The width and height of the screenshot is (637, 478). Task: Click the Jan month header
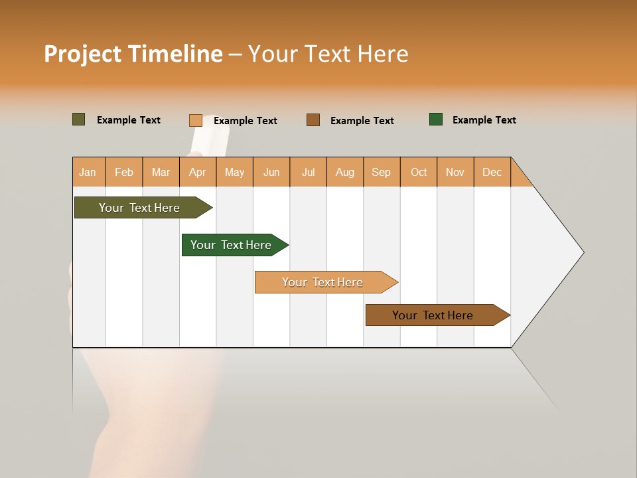[88, 172]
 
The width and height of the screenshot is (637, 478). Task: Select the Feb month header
[124, 172]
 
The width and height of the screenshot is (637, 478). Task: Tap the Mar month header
[161, 172]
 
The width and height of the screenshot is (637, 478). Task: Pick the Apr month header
[198, 172]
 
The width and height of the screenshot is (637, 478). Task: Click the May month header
[234, 172]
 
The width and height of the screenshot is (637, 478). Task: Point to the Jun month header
[271, 172]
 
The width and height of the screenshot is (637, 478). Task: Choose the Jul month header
[309, 172]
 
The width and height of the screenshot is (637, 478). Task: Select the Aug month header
[345, 172]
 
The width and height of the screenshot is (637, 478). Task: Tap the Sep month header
[382, 172]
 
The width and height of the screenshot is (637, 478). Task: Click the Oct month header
[419, 172]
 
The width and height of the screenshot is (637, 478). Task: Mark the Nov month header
[455, 172]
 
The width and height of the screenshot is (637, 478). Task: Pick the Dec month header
[492, 172]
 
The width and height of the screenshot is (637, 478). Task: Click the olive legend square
[79, 119]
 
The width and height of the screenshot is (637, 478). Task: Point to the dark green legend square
[436, 119]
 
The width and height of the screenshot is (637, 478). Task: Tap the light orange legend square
[196, 120]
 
